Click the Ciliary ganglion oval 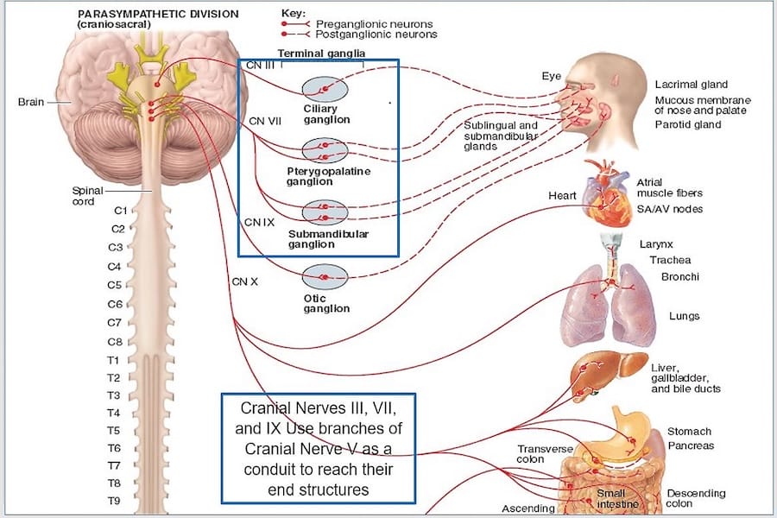[x=325, y=89]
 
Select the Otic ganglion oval [x=325, y=277]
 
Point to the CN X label [x=244, y=281]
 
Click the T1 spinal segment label [x=113, y=360]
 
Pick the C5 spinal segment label [x=114, y=285]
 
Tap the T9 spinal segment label [x=113, y=501]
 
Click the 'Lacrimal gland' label [x=691, y=85]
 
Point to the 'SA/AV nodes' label [x=669, y=209]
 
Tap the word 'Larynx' [x=656, y=244]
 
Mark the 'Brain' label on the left [x=32, y=102]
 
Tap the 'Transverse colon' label [x=542, y=454]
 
